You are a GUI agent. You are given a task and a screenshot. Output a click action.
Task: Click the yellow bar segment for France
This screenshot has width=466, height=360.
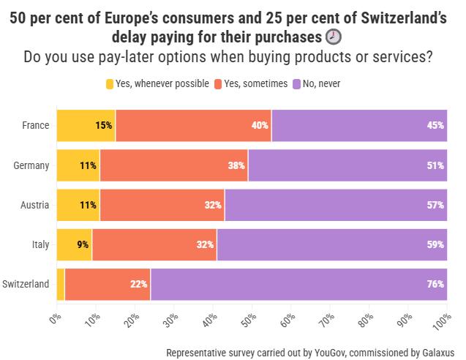[86, 125]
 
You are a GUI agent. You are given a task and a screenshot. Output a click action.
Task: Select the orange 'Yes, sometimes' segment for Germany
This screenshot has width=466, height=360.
[173, 165]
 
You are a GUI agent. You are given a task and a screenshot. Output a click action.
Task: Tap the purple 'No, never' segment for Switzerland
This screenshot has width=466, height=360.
[298, 284]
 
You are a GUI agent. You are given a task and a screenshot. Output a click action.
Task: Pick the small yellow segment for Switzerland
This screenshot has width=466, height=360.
[61, 284]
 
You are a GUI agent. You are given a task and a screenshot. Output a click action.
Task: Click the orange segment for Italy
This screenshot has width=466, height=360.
[154, 244]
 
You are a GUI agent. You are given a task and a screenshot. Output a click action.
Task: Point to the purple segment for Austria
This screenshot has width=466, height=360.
[336, 205]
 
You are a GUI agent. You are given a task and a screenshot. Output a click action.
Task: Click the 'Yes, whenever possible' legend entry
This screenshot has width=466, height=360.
[157, 83]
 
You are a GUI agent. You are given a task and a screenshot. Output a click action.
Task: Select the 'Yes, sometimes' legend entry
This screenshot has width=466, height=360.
[250, 83]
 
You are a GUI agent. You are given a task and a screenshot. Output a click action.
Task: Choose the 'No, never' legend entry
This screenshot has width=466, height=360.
[316, 83]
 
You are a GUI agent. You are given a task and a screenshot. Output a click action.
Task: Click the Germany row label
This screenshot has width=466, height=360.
[31, 165]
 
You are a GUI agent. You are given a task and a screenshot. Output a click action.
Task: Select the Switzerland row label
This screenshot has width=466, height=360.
[26, 284]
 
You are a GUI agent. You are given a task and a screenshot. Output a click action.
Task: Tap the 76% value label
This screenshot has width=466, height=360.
[436, 284]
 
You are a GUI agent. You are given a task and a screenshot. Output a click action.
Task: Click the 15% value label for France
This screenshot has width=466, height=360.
[104, 125]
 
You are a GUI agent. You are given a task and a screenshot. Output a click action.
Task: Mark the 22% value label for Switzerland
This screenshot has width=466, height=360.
[139, 284]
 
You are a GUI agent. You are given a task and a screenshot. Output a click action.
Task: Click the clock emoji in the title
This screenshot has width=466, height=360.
[334, 37]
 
